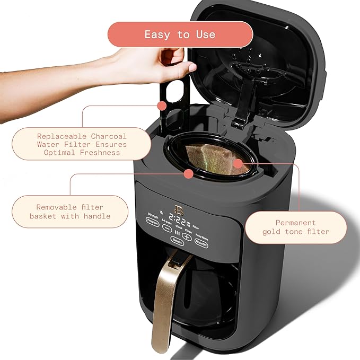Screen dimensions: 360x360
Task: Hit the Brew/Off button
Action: point(201,242)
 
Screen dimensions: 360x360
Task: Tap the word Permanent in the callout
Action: point(295,223)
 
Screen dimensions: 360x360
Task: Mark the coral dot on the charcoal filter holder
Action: point(163,106)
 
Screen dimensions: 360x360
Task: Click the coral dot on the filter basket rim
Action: point(188,174)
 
